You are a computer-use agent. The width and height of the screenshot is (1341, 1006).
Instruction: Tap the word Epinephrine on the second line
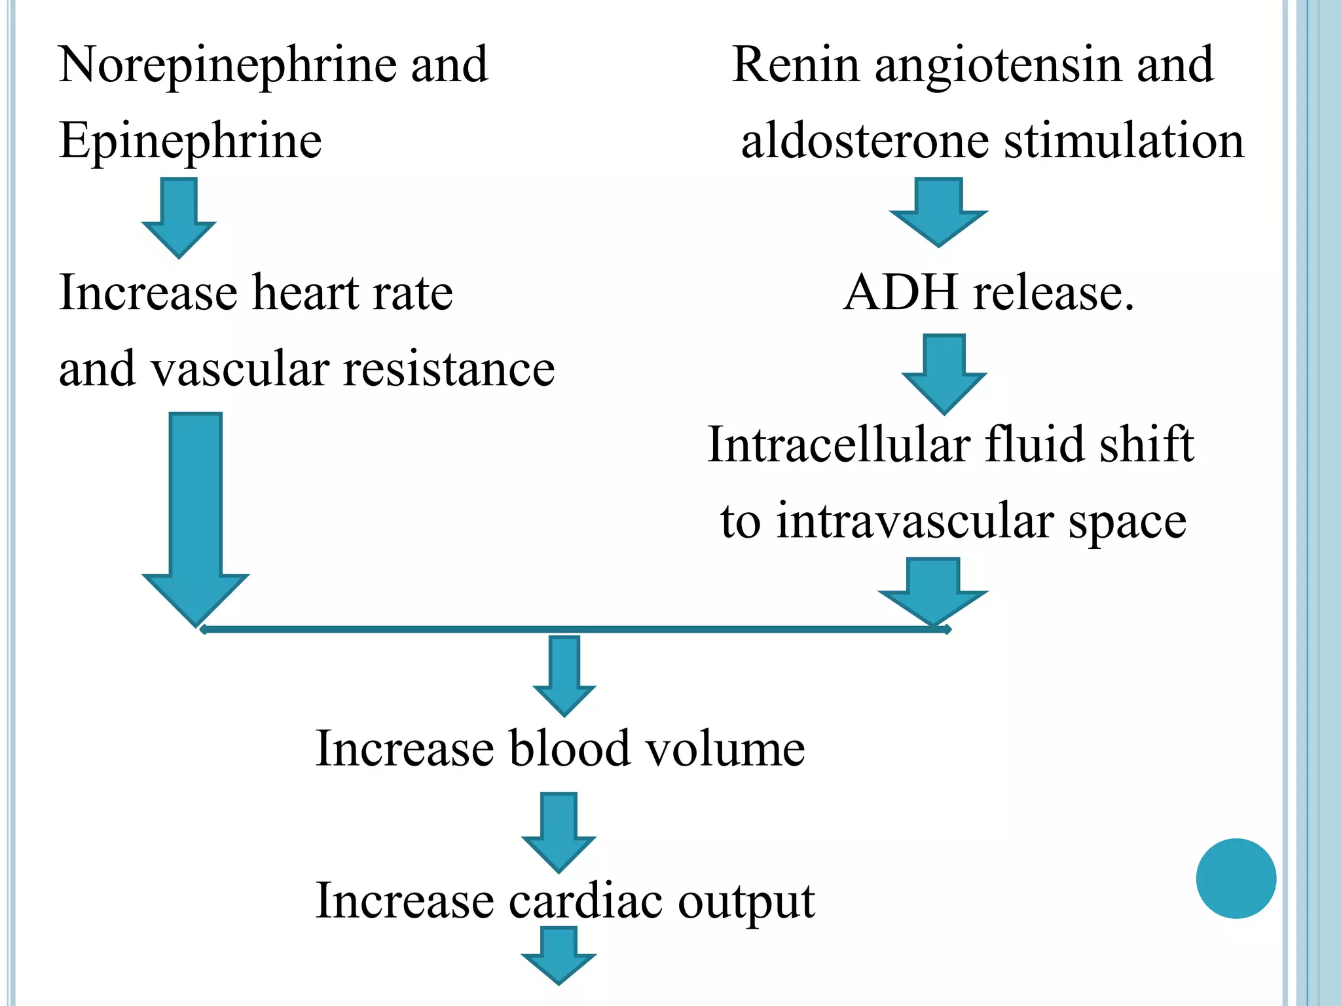(x=190, y=142)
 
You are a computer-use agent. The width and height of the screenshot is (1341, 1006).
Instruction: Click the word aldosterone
(x=864, y=141)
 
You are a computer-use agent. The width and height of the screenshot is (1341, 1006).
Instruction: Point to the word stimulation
(x=1124, y=141)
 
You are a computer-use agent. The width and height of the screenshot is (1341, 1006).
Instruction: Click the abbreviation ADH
(x=901, y=293)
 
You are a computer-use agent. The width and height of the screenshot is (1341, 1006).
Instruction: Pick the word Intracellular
(x=838, y=445)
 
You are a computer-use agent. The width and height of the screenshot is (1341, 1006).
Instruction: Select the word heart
(x=305, y=293)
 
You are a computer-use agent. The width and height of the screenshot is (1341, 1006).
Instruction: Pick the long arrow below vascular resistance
(x=196, y=517)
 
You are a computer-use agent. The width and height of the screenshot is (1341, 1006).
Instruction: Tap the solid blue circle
(x=1236, y=878)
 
